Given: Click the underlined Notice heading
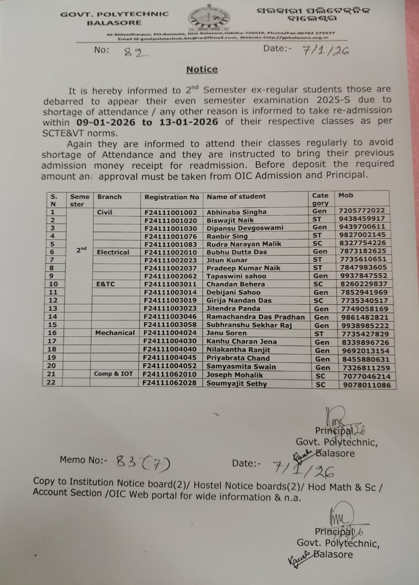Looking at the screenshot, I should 202,69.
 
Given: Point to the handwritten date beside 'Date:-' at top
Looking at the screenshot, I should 325,50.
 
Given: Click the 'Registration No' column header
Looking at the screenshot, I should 172,197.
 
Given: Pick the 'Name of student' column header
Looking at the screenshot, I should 236,197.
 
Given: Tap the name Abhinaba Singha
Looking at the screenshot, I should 236,212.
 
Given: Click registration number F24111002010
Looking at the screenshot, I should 171,252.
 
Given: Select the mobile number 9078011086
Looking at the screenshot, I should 366,385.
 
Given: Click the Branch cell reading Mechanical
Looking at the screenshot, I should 115,333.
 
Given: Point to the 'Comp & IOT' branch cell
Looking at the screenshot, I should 114,374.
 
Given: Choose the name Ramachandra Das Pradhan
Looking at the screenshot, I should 255,317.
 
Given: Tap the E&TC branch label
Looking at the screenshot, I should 106,284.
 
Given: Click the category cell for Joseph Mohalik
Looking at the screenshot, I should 320,376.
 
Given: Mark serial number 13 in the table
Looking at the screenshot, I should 53,308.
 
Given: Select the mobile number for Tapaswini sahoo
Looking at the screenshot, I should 363,276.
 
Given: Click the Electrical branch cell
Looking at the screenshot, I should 113,252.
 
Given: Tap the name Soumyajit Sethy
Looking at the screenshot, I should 237,384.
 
